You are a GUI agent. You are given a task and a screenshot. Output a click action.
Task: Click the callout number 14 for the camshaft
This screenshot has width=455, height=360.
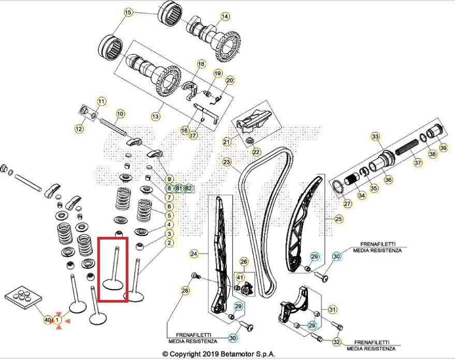(x=225, y=17)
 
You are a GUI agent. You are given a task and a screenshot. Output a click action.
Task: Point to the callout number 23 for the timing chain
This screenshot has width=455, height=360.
(x=227, y=162)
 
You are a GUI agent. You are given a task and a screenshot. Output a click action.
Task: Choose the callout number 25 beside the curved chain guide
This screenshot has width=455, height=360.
(x=339, y=219)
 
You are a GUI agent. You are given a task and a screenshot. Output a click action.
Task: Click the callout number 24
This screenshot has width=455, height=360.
(x=194, y=254)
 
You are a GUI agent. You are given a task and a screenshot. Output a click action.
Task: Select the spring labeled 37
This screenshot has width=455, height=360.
(x=409, y=147)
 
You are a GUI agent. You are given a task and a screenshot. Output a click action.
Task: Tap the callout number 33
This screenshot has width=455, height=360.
(x=375, y=137)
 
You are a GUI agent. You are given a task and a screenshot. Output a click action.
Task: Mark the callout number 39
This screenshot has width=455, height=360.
(x=444, y=148)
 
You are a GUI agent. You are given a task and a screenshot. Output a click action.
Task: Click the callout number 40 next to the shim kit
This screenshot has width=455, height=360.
(x=48, y=321)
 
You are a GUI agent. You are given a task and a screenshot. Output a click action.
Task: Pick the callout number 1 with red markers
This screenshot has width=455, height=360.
(x=58, y=321)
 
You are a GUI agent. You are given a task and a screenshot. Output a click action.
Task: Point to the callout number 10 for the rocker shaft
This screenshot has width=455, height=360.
(x=120, y=114)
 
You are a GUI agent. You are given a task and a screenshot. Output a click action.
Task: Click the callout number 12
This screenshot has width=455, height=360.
(x=79, y=129)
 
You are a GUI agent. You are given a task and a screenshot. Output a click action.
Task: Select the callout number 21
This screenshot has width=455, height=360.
(x=227, y=142)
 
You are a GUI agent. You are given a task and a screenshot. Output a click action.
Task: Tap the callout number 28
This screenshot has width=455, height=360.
(x=185, y=292)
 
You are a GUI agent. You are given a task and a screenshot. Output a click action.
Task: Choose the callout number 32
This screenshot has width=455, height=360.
(x=336, y=341)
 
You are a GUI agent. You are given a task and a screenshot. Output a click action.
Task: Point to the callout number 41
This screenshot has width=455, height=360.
(x=239, y=278)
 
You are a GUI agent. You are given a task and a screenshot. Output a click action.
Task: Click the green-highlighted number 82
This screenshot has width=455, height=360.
(x=188, y=188)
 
